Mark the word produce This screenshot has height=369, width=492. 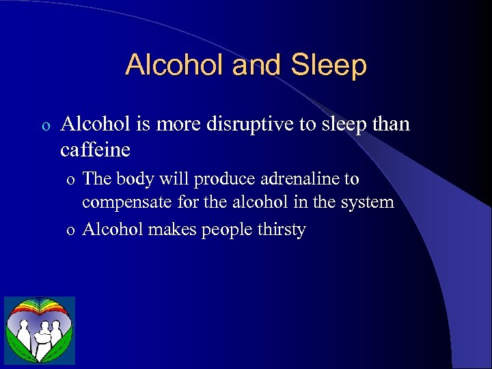click(x=221, y=179)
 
